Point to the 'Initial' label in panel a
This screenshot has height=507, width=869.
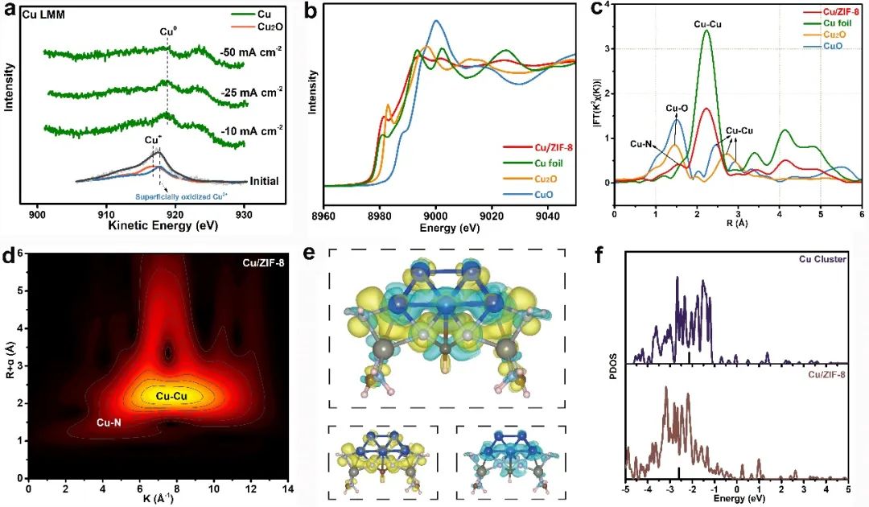tap(264, 181)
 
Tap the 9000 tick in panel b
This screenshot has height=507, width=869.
tap(435, 217)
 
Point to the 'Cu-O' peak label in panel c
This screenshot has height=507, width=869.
tap(677, 107)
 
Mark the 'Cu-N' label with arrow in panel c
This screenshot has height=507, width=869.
tap(642, 143)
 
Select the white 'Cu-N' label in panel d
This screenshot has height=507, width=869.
tap(109, 421)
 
